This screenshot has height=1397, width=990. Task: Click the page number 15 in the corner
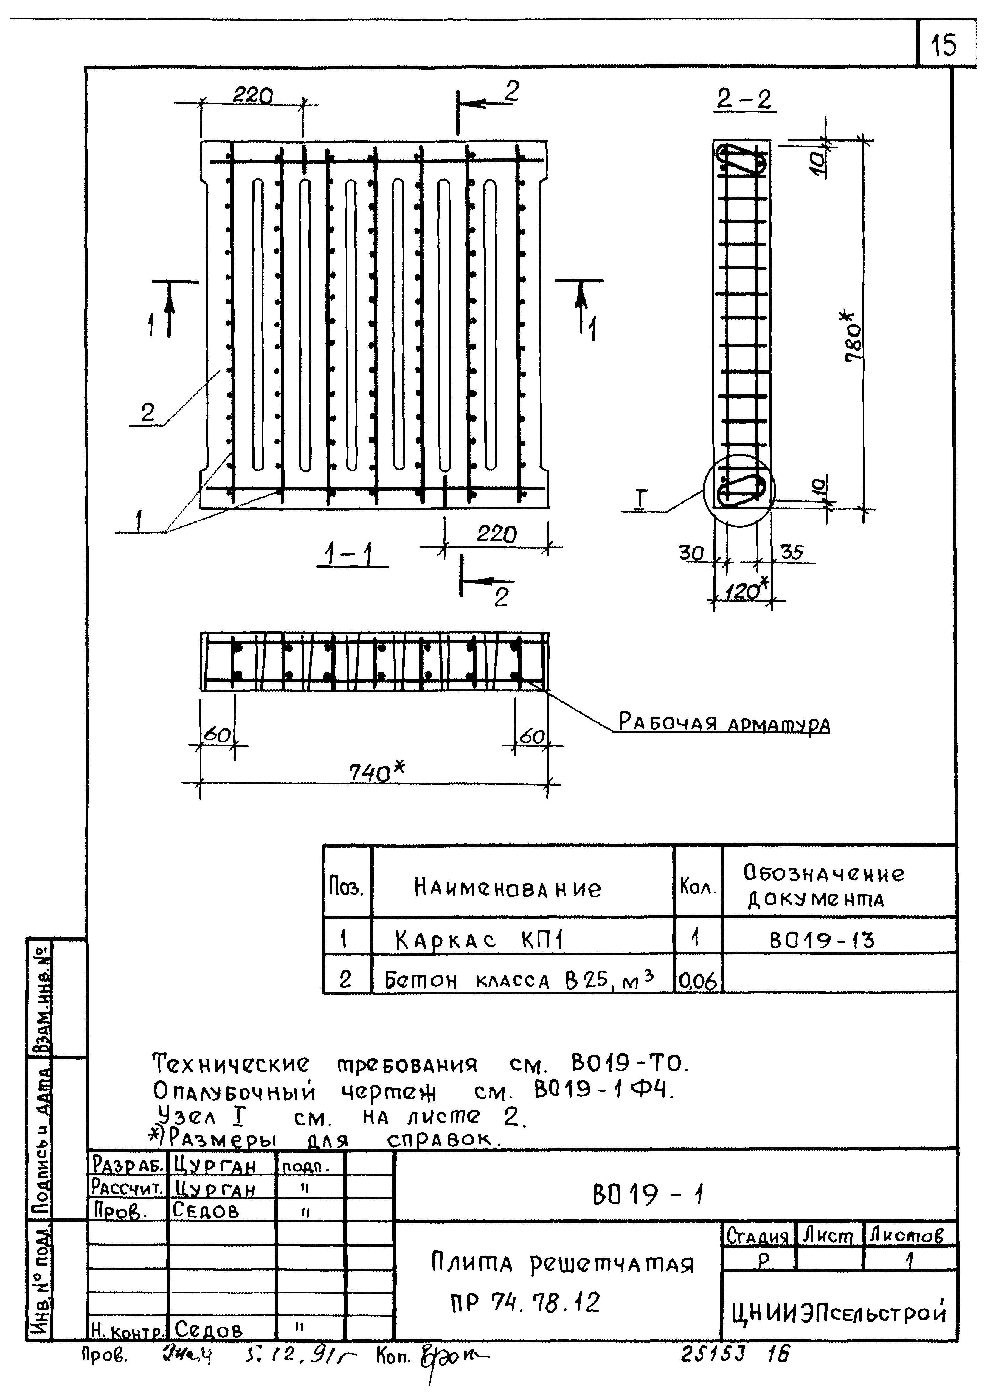pyautogui.click(x=944, y=44)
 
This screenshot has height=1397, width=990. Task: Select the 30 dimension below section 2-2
pyautogui.click(x=692, y=553)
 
